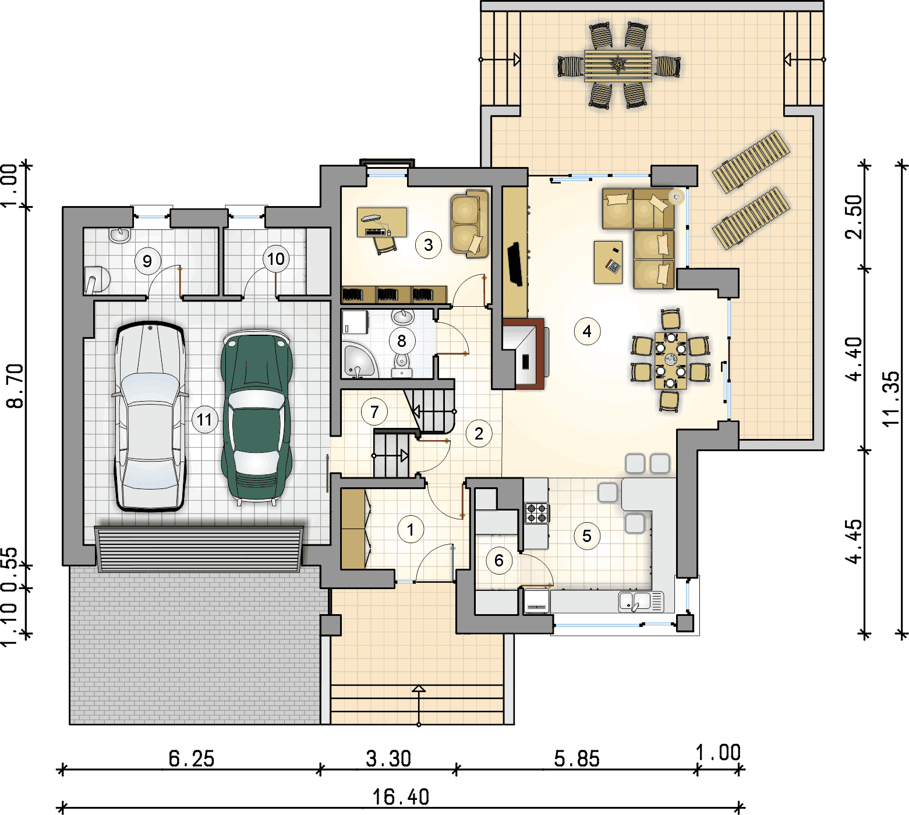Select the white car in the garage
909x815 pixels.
click(150, 416)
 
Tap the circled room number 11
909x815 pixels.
click(204, 420)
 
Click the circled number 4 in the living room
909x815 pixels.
click(587, 332)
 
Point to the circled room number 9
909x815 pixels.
click(147, 261)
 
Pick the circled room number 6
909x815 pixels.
click(499, 561)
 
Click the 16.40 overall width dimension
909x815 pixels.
click(401, 796)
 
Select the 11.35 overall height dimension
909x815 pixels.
click(892, 399)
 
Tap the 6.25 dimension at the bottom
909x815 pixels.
click(192, 759)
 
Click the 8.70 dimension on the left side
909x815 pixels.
click(16, 386)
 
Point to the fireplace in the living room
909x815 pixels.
click(524, 355)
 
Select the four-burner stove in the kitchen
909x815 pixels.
click(536, 513)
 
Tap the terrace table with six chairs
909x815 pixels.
click(618, 65)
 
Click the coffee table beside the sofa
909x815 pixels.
click(609, 262)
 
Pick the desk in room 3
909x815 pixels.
click(381, 222)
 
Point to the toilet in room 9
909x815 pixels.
click(97, 279)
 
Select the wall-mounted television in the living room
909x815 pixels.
click(515, 264)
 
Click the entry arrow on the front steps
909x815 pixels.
click(419, 706)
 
